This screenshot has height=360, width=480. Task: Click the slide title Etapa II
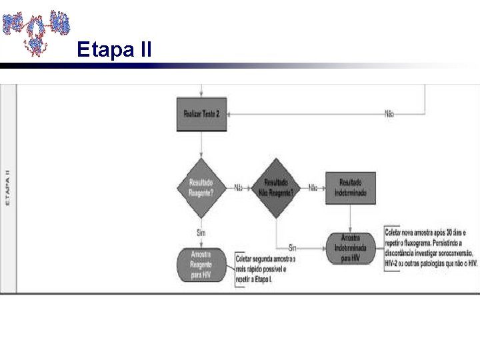(114, 49)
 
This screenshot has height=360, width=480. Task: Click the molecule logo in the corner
(36, 29)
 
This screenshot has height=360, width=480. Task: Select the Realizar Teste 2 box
(201, 114)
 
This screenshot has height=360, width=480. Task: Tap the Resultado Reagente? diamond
(201, 187)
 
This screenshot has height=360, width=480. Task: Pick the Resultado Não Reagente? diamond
(276, 187)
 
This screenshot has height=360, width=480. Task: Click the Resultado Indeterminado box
(350, 187)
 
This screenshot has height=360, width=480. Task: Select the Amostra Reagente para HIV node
(201, 265)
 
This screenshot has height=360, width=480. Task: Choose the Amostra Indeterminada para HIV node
(350, 247)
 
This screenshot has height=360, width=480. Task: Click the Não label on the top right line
(389, 113)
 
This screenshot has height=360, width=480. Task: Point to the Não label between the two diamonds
(238, 187)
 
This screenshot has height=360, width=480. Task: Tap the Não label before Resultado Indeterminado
(312, 187)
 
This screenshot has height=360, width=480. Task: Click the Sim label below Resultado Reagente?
(201, 232)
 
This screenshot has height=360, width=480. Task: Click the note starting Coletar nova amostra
(431, 247)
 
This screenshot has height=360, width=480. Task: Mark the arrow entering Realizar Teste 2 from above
(201, 91)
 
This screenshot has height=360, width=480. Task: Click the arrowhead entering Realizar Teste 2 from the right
(230, 113)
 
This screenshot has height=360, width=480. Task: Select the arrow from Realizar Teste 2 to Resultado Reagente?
(201, 144)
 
